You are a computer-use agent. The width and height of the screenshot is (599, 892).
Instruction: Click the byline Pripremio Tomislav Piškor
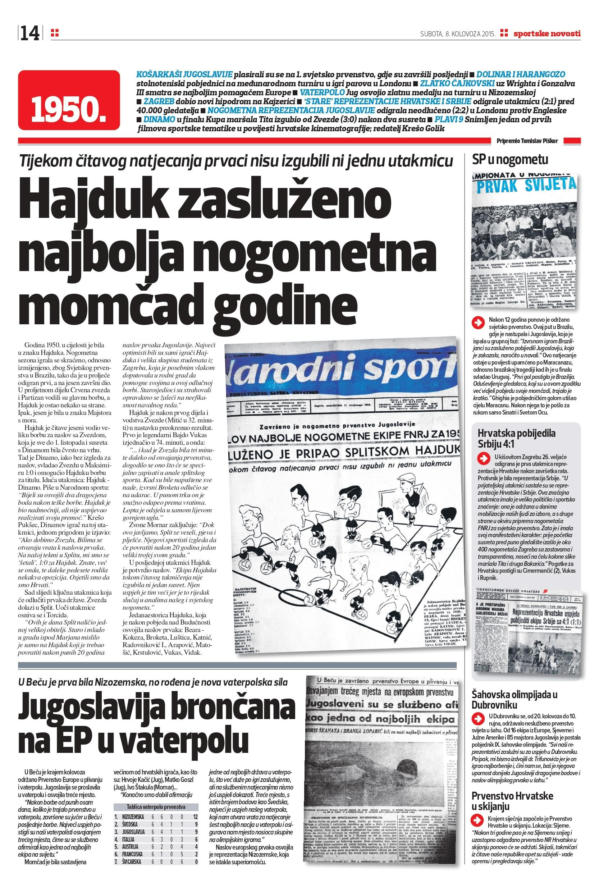(x=527, y=141)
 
